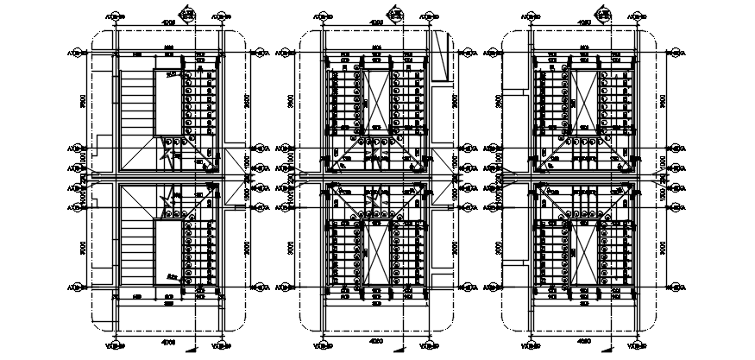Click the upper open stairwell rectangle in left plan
(167, 103)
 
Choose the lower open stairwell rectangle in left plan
(167, 251)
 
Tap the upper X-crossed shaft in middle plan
(376, 98)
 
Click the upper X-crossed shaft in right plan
(583, 98)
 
